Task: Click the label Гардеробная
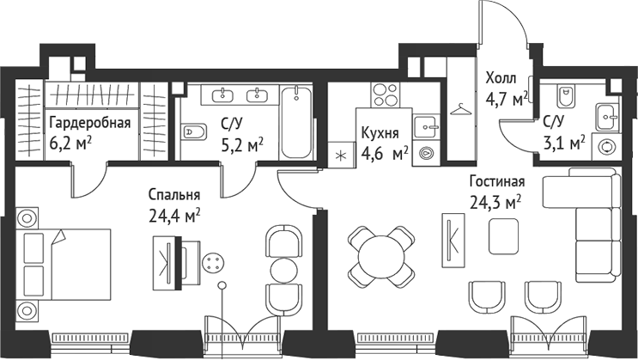(89, 122)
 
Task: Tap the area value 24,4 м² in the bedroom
(174, 213)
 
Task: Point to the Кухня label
(379, 134)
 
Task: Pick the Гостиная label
(496, 182)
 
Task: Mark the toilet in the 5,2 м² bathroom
(194, 131)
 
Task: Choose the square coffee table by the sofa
(502, 235)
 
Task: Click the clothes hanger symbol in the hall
(460, 108)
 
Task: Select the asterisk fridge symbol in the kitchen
(341, 156)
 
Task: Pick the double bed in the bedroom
(64, 262)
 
